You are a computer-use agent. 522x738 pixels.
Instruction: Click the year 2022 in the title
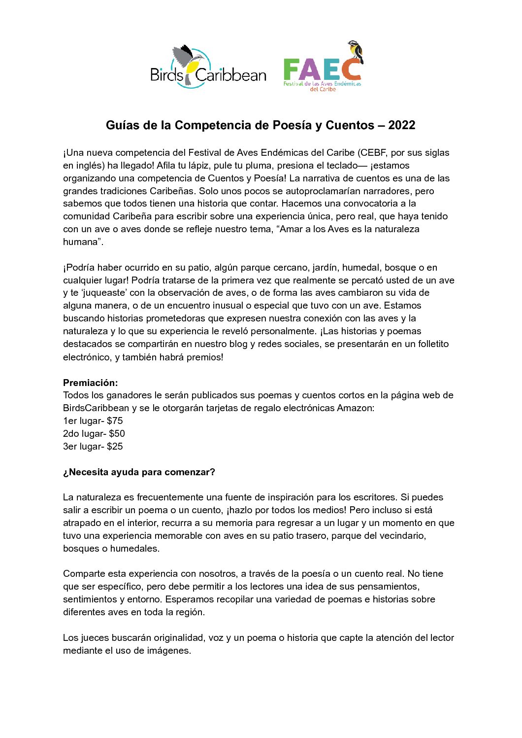pos(401,125)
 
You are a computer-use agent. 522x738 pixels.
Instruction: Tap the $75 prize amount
pos(115,421)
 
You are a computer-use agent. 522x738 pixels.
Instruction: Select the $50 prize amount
pos(117,433)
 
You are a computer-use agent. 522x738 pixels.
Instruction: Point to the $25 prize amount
pos(115,446)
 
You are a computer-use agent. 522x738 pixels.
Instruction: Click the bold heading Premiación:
pos(91,383)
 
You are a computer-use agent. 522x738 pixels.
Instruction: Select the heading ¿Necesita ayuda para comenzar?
pos(139,472)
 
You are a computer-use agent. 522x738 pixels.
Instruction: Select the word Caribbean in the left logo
pos(230,75)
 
